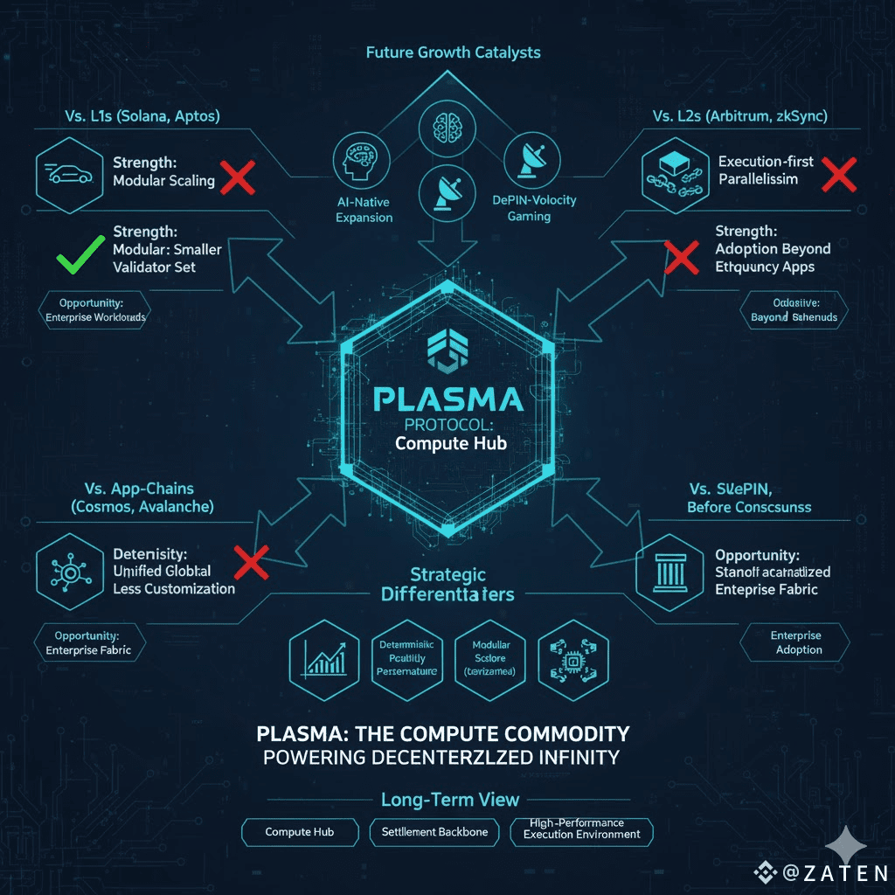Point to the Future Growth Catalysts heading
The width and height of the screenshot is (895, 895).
452,52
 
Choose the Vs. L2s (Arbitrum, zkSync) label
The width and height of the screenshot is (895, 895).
740,116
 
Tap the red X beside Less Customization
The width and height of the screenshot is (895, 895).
252,562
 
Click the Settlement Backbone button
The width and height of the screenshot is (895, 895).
434,832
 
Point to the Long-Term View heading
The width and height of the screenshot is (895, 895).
450,799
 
